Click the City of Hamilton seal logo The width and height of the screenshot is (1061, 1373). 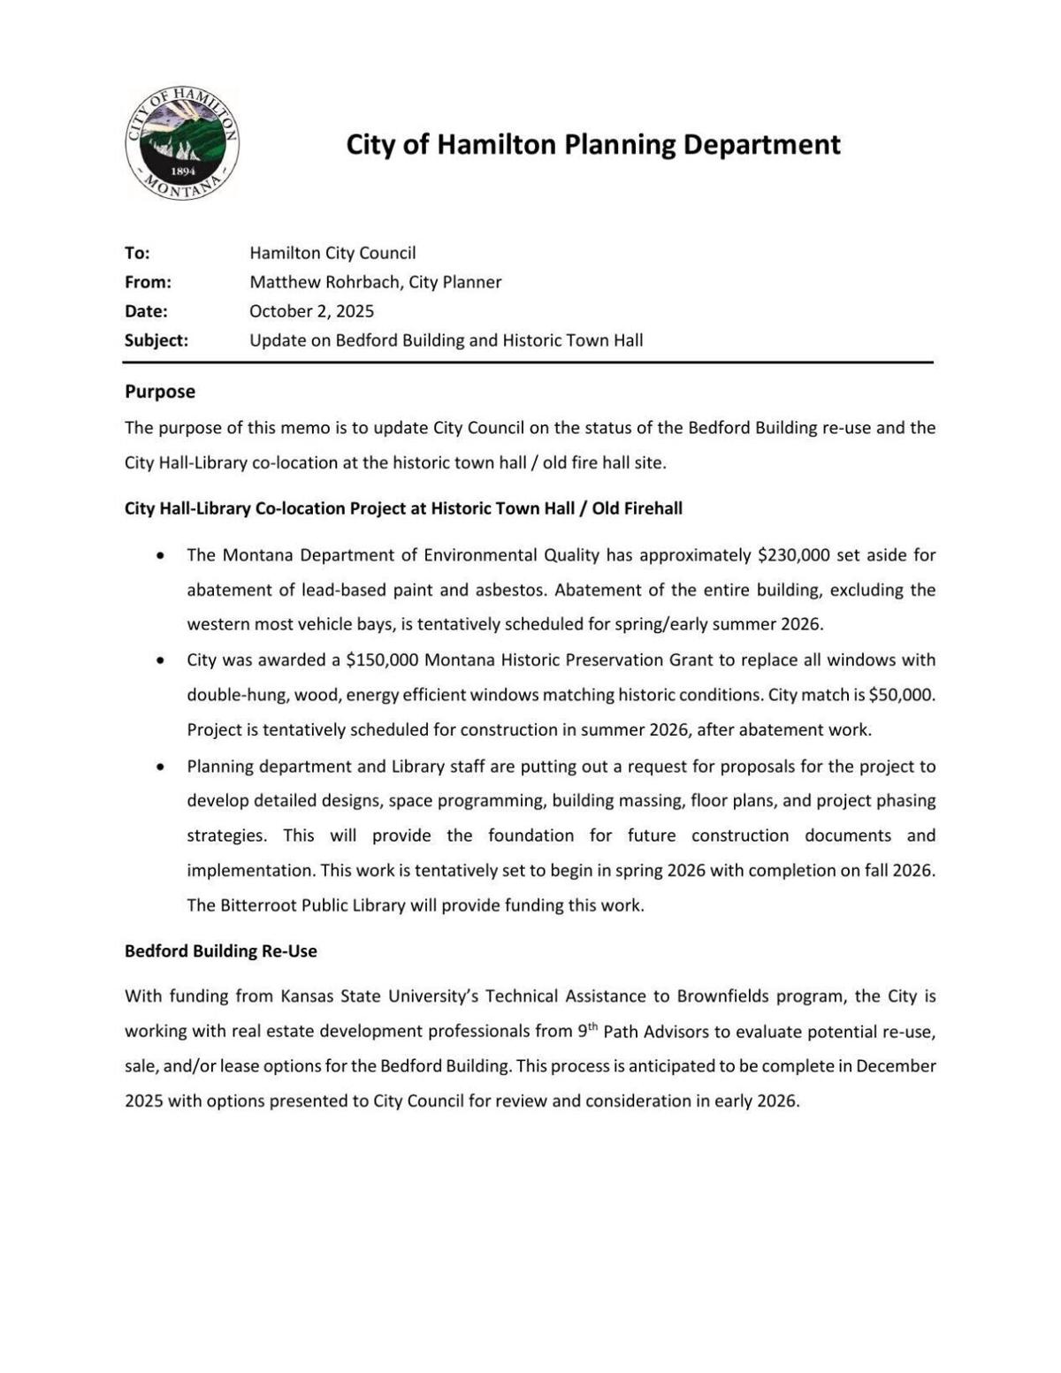pyautogui.click(x=182, y=144)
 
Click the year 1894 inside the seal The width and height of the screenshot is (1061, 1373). pyautogui.click(x=182, y=171)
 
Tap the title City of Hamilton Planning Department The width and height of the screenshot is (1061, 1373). pyautogui.click(x=592, y=144)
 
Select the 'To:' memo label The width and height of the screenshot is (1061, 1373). pyautogui.click(x=137, y=253)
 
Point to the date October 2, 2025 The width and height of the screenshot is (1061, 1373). pyautogui.click(x=311, y=311)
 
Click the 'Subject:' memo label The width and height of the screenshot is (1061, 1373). pyautogui.click(x=156, y=340)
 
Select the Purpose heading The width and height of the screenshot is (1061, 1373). pyautogui.click(x=160, y=392)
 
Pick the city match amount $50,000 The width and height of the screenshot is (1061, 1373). pyautogui.click(x=901, y=695)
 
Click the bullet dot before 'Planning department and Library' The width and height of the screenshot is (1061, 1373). pyautogui.click(x=159, y=767)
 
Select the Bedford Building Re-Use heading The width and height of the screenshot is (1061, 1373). pyautogui.click(x=220, y=951)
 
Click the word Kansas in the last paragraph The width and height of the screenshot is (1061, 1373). pyautogui.click(x=306, y=996)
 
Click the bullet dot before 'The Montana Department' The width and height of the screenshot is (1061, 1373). pyautogui.click(x=159, y=556)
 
